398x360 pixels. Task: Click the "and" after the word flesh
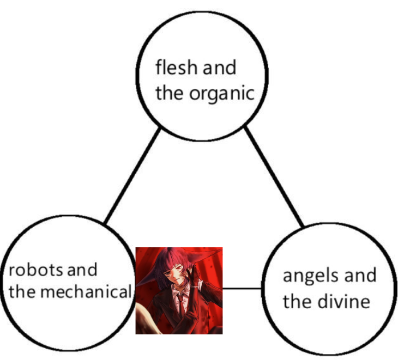(219, 68)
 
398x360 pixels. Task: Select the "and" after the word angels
(359, 276)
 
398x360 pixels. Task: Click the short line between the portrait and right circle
(243, 289)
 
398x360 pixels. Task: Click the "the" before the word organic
(169, 94)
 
